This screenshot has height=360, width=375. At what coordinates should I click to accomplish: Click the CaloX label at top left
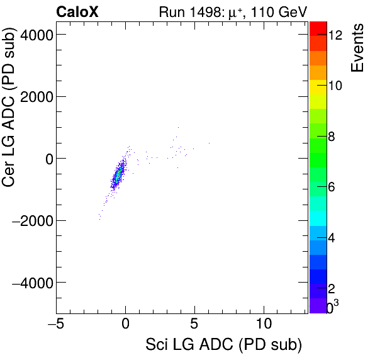[77, 11]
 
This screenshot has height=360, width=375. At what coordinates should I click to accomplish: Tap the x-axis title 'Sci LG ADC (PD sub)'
[223, 344]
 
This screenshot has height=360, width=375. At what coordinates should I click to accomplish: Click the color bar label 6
[335, 187]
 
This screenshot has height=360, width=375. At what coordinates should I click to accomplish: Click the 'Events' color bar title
[357, 48]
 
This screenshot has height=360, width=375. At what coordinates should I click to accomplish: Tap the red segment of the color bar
[318, 28]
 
